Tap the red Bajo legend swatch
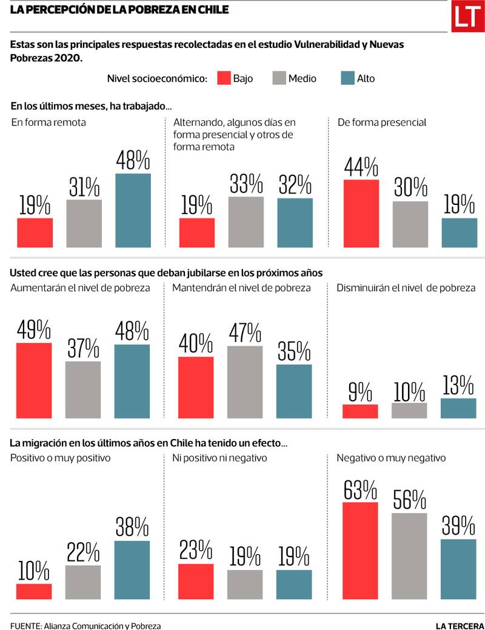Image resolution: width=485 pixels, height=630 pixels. [x=223, y=78]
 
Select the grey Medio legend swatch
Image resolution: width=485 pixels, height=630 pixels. [x=279, y=78]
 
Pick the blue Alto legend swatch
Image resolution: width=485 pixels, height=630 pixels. [x=347, y=78]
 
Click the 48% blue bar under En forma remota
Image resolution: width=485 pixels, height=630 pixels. [x=133, y=210]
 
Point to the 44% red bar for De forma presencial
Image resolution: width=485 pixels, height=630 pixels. [x=361, y=213]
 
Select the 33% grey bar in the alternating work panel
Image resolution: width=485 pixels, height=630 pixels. [x=246, y=222]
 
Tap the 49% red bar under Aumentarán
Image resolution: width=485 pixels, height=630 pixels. [x=34, y=381]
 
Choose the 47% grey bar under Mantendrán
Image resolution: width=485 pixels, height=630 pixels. [x=245, y=382]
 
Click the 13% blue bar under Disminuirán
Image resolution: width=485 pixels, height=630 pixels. [x=458, y=408]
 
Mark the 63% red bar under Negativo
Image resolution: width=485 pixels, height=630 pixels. [x=360, y=551]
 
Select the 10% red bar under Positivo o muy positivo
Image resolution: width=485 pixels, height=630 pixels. [x=34, y=591]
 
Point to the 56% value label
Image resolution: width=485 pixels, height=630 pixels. [x=409, y=499]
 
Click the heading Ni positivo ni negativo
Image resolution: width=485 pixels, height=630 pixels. [x=220, y=458]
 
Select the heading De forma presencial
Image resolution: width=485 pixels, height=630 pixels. [x=382, y=122]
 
